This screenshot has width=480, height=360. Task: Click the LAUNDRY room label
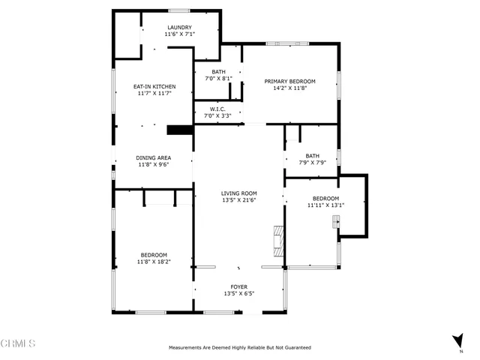click(179, 28)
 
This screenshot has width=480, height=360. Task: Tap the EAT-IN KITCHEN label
click(154, 86)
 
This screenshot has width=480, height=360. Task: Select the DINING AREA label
click(154, 157)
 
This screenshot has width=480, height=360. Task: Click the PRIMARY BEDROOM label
click(289, 81)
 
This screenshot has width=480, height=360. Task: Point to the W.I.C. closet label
click(217, 109)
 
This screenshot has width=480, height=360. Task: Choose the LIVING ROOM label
click(238, 193)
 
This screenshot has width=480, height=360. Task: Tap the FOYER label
click(238, 286)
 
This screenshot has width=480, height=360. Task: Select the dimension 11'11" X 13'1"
click(326, 205)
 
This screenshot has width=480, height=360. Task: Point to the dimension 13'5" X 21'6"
click(238, 200)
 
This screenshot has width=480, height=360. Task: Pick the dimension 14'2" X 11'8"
click(289, 88)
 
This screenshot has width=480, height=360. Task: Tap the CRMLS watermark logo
click(19, 344)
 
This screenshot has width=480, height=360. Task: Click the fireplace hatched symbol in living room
click(279, 241)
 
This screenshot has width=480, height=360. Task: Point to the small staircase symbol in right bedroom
click(336, 221)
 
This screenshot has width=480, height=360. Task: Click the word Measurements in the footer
click(187, 348)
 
